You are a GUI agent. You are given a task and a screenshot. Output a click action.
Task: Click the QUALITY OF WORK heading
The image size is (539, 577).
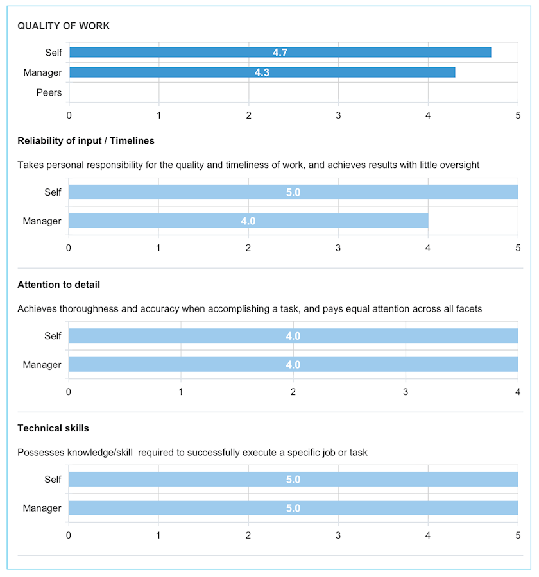64,26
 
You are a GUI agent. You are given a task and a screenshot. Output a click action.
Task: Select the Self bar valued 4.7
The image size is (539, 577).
280,53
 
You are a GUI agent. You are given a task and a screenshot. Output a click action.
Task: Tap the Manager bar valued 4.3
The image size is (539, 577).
262,72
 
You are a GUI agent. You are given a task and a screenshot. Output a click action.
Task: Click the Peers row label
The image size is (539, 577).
49,92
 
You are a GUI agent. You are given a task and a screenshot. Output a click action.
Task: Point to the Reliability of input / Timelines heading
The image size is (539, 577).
86,140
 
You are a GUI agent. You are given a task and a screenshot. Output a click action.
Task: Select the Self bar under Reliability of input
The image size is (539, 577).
293,192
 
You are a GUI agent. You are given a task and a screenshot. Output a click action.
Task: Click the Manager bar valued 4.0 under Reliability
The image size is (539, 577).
248,221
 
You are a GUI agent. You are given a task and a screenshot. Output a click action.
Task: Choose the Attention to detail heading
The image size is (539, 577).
59,284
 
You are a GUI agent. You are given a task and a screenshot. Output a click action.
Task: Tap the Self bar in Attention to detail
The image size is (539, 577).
293,336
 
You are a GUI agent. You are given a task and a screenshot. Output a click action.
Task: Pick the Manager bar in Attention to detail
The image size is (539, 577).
293,365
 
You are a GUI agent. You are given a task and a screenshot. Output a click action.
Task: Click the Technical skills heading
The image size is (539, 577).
53,428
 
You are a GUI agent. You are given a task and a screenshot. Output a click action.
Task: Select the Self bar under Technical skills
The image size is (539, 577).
293,480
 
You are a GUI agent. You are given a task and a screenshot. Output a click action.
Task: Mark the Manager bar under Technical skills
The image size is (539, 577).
293,508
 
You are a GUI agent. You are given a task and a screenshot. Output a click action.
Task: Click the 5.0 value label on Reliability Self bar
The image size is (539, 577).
293,192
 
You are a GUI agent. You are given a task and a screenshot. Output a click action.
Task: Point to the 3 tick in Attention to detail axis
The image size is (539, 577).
406,391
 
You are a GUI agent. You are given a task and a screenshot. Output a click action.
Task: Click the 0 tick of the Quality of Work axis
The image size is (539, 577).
69,115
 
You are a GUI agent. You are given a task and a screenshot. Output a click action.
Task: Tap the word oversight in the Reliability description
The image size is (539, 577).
459,165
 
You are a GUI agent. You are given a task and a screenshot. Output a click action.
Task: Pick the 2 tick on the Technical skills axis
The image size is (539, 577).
248,535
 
